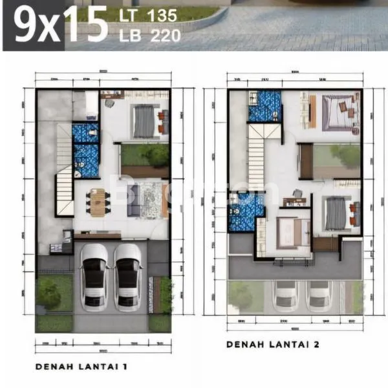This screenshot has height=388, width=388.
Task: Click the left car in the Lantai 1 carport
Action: pyautogui.click(x=94, y=275)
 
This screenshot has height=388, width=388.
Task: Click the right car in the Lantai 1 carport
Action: pyautogui.click(x=127, y=275)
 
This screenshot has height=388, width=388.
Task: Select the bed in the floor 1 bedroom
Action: pyautogui.click(x=144, y=121)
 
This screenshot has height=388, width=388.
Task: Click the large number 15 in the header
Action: pyautogui.click(x=87, y=26)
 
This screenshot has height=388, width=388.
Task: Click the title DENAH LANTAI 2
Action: pyautogui.click(x=273, y=345)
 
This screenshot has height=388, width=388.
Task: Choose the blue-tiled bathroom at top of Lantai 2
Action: pyautogui.click(x=265, y=106)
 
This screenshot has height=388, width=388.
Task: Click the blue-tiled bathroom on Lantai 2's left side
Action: pyautogui.click(x=246, y=213)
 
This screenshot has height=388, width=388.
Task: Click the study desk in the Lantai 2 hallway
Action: pyautogui.click(x=295, y=201)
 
